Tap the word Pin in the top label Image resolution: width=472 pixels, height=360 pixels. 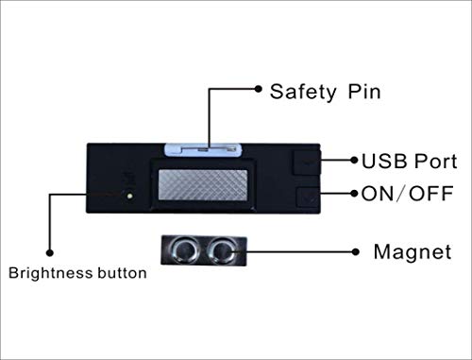(366, 92)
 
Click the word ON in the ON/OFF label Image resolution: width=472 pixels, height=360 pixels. (379, 195)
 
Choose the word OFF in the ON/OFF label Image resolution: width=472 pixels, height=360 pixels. (435, 195)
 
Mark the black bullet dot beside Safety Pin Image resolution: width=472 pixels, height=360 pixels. (257, 90)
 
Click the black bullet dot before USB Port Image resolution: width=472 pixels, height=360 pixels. (354, 161)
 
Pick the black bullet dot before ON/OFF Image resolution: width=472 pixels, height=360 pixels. (354, 195)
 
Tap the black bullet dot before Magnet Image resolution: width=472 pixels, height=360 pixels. (355, 251)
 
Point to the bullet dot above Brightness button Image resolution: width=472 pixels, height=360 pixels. (50, 252)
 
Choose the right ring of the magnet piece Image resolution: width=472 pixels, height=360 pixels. (223, 250)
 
